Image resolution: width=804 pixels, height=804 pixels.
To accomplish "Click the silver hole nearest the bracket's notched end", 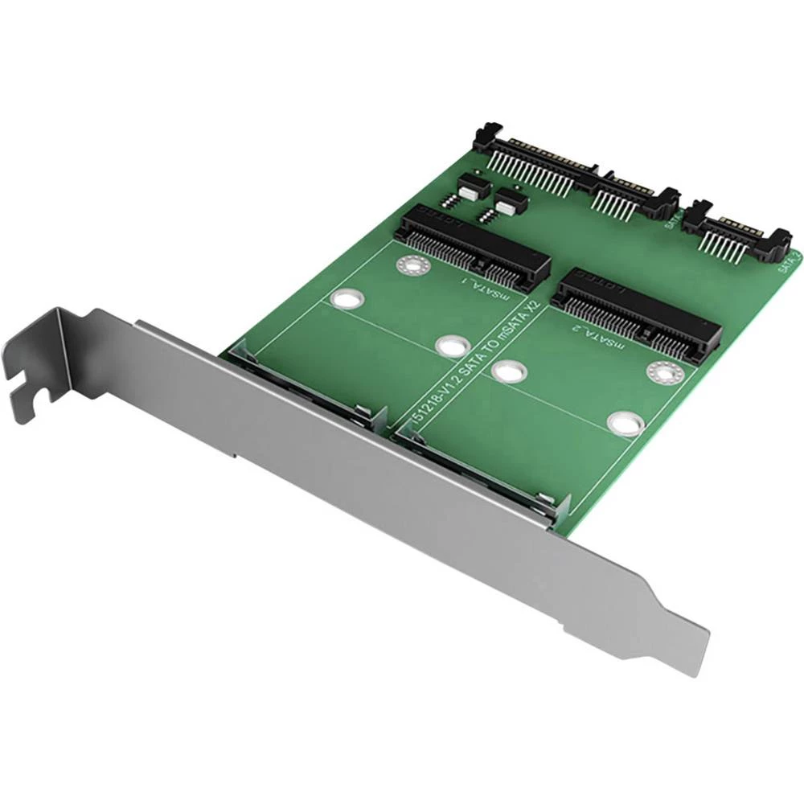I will pos(347,299).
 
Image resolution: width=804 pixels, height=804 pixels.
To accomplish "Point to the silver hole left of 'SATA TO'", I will pos(452,345).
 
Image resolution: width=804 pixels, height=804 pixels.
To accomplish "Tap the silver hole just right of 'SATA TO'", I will pos(510,371).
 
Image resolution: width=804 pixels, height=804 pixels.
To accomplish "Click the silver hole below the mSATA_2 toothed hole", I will pos(625,423).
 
